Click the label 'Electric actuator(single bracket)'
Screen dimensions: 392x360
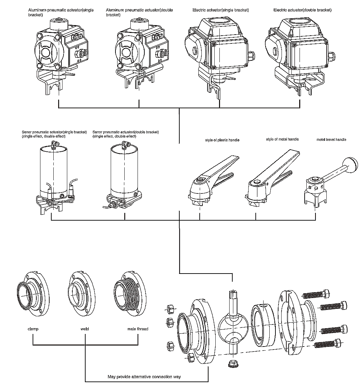pos(220,10)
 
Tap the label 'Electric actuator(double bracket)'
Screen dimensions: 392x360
pos(302,10)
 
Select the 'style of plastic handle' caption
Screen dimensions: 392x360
pos(222,140)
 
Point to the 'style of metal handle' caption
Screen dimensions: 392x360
pos(282,139)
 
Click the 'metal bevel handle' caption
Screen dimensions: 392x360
pos(331,139)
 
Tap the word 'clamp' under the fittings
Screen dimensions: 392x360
pos(33,329)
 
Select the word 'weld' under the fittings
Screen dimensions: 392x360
pos(85,329)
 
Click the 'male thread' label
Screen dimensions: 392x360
pos(138,329)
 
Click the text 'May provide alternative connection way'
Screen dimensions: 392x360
pos(144,377)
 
